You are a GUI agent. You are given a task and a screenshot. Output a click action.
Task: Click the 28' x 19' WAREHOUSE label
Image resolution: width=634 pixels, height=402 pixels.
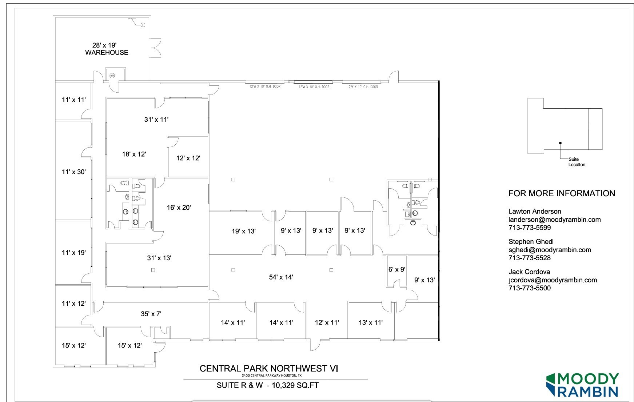pos(106,49)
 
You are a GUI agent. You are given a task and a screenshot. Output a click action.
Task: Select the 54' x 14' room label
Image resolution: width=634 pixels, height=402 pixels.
pos(281,277)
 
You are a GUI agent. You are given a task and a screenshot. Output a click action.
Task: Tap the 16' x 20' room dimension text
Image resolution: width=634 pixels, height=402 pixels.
pos(179,208)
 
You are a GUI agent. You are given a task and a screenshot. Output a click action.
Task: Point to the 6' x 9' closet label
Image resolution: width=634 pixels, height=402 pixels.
pos(396,269)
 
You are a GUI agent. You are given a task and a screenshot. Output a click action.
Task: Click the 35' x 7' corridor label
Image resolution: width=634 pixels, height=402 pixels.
pos(151,314)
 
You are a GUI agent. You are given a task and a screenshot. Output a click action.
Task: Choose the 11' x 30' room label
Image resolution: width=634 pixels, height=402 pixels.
pos(73,172)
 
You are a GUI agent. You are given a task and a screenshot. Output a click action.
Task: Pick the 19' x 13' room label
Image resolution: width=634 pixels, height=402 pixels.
pos(243,231)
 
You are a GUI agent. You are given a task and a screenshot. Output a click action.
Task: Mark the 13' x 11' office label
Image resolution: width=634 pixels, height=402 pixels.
pos(370,322)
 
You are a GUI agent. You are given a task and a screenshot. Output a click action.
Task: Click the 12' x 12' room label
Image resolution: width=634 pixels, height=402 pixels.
pos(188,158)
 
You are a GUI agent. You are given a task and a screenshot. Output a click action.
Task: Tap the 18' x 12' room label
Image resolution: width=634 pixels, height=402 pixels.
pos(134,154)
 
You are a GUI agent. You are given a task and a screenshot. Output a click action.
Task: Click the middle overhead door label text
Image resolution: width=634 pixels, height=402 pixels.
pos(314,87)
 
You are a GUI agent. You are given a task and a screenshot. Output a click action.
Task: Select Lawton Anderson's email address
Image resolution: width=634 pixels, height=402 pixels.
pos(554,220)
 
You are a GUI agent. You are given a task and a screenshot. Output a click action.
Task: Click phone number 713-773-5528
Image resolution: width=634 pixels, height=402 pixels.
pos(529,258)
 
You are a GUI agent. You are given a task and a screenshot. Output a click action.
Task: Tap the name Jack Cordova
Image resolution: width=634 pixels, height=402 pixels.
pos(529,272)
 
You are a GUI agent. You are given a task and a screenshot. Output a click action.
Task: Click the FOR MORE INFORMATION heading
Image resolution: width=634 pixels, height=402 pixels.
pos(561,193)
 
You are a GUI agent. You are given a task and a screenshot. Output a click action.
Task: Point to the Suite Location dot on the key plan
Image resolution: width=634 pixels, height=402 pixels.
pos(560,143)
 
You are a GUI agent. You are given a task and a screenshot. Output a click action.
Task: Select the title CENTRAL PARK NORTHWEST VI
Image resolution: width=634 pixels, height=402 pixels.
pos(269,369)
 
